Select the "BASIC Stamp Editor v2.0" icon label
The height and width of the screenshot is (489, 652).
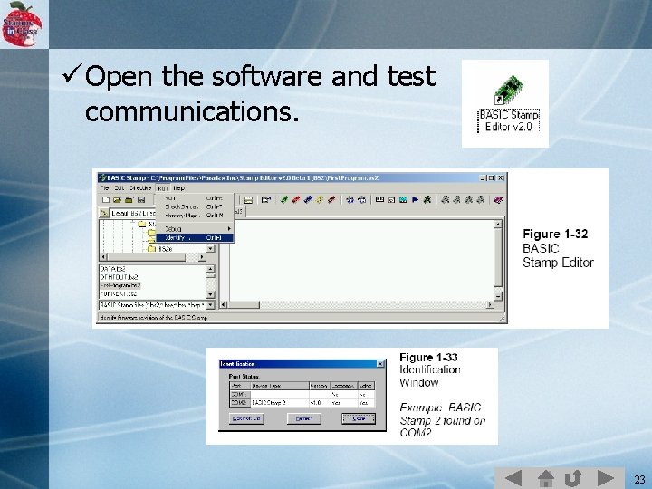tap(508, 121)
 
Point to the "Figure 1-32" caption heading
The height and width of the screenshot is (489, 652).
tap(555, 234)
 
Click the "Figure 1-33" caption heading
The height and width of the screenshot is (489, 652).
tap(429, 358)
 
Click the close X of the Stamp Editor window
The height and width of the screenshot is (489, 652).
tap(501, 177)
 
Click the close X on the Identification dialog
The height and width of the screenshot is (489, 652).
tap(379, 364)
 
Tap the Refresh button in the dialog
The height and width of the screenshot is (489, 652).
tap(303, 418)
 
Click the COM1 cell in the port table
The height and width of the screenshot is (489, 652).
tap(238, 395)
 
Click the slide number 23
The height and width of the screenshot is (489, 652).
tap(639, 479)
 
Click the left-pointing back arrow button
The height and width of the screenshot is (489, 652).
tap(513, 477)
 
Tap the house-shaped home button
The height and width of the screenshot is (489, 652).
tap(545, 477)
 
